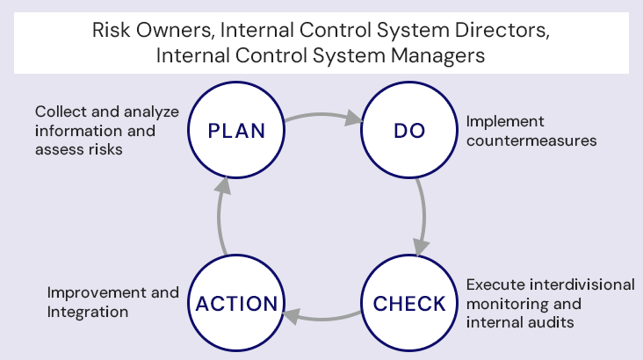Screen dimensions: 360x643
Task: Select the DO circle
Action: pos(408,132)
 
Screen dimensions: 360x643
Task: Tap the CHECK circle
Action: pos(409,304)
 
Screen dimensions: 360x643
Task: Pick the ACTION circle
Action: pos(236,304)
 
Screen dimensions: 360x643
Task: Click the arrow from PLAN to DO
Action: pos(322,115)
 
